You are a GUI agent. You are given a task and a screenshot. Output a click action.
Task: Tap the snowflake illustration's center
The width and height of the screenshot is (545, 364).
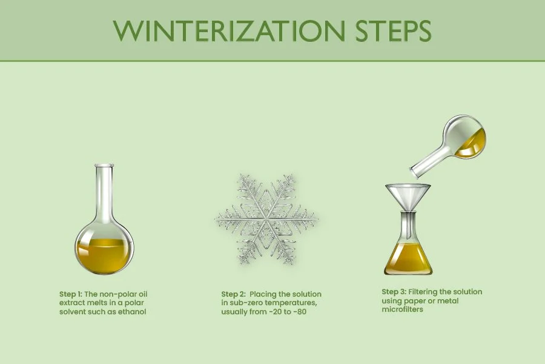[266, 217]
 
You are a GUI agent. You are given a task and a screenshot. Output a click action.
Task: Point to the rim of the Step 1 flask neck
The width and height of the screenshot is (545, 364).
[104, 165]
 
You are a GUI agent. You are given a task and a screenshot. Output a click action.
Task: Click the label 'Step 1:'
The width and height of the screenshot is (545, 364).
[71, 294]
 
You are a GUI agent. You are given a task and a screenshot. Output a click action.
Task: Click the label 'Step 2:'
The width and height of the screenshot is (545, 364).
[234, 294]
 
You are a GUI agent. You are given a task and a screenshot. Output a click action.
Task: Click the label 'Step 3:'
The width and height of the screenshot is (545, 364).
[394, 292]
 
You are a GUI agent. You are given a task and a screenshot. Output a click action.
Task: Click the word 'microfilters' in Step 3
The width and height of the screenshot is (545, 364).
[403, 309]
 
